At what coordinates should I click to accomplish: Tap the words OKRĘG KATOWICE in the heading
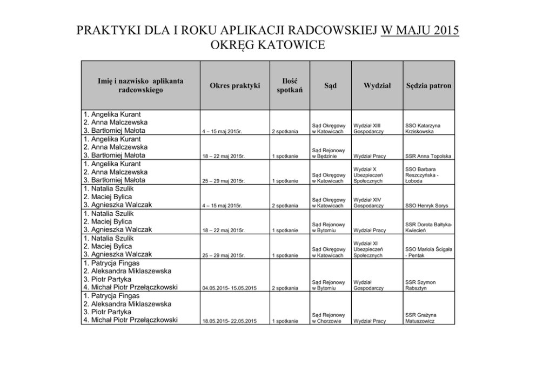pos(267,44)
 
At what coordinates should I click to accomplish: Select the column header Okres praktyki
pos(234,85)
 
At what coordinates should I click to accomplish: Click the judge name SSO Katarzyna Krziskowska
pos(423,128)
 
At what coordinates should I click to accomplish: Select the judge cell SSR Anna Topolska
pos(428,157)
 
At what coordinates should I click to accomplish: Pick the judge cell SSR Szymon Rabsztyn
pos(420,285)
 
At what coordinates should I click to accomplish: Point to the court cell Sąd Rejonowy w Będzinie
pos(328,153)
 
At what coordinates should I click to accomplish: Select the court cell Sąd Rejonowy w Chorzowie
pos(328,318)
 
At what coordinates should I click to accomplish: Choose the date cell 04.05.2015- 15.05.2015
pos(229,288)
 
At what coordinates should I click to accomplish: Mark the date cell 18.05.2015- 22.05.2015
pos(229,321)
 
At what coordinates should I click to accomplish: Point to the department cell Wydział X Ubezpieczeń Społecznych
pos(368,175)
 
